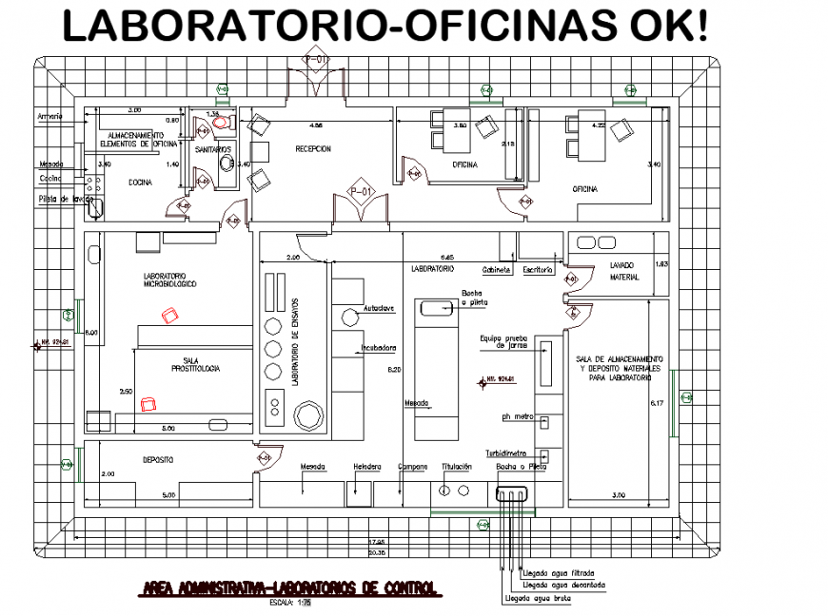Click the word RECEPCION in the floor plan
tap(313, 149)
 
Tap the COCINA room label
tap(141, 183)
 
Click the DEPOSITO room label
tap(157, 459)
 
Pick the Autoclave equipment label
tap(379, 311)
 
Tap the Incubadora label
tap(378, 347)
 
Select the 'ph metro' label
tap(515, 416)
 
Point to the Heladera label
tap(366, 467)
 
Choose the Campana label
tap(412, 467)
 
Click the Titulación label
tap(457, 467)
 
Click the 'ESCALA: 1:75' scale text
tap(284, 602)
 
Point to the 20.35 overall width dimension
tap(377, 549)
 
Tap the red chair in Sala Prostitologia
tap(148, 404)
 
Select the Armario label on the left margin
tap(50, 116)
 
